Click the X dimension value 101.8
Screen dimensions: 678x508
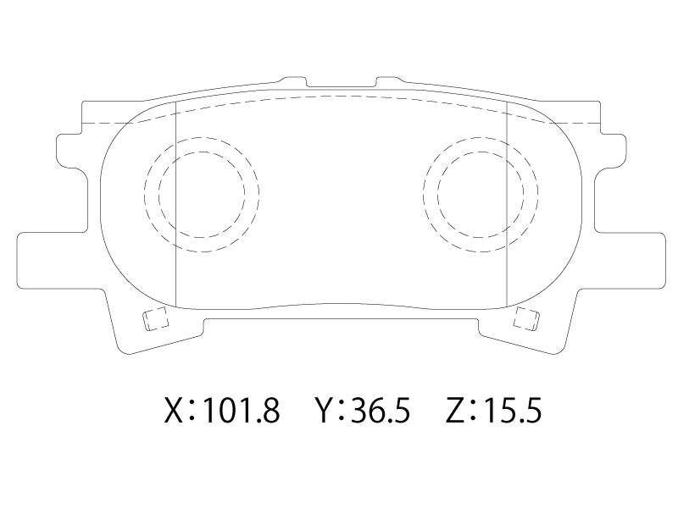coord(241,411)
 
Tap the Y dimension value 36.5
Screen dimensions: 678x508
coord(380,411)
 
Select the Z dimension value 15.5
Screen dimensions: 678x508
coord(513,411)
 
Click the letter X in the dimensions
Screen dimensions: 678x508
coord(174,411)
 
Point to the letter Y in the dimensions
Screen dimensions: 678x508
coord(325,411)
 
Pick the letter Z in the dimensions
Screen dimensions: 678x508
coord(455,411)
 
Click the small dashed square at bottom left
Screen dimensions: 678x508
coord(156,319)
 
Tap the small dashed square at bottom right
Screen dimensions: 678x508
coord(526,319)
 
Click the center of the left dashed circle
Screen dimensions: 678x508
coord(202,195)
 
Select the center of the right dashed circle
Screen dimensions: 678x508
coord(480,195)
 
